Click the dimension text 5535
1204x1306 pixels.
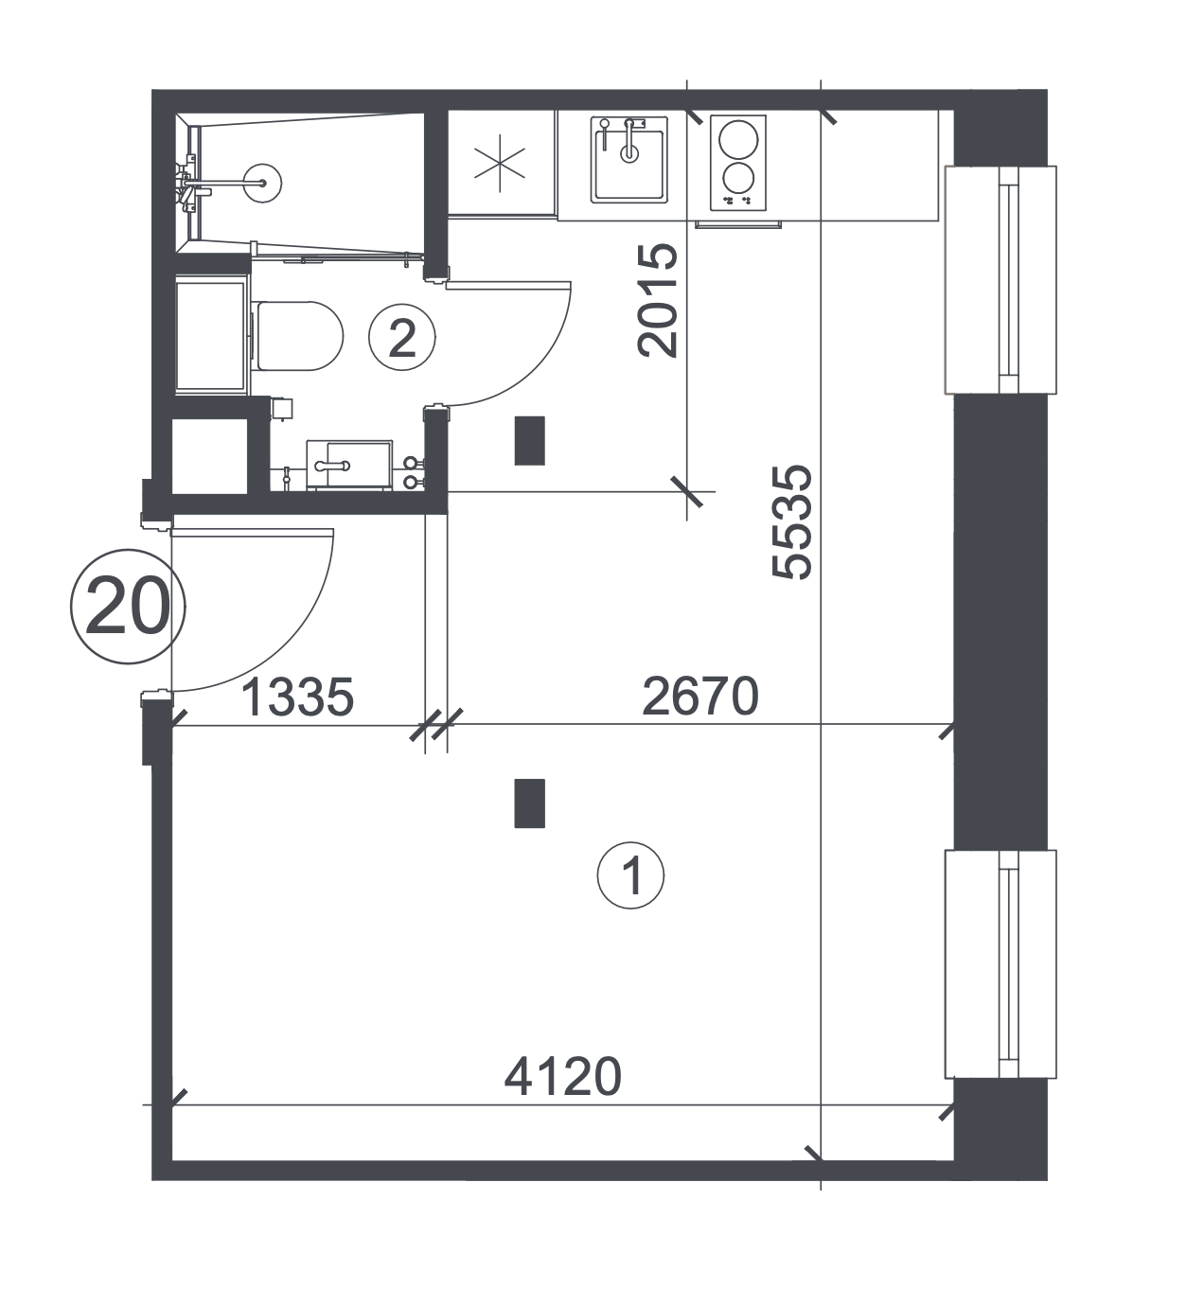coord(792,522)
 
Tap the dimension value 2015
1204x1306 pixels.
coord(657,301)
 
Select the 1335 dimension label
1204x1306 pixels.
coord(298,697)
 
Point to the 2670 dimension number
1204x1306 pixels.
coord(700,697)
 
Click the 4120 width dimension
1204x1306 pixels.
coord(562,1077)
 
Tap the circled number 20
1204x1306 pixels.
coord(128,607)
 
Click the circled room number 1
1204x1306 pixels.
coord(630,875)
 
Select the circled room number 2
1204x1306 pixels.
coord(401,338)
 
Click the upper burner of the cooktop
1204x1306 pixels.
coord(738,139)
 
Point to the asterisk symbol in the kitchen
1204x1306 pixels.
coord(500,163)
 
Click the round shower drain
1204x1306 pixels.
coord(262,182)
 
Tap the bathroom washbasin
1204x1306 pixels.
coord(349,466)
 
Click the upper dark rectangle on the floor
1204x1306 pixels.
coord(529,441)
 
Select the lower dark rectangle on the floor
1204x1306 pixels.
coord(529,803)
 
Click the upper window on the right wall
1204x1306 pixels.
coord(1000,280)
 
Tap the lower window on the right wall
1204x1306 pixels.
coord(1000,964)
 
